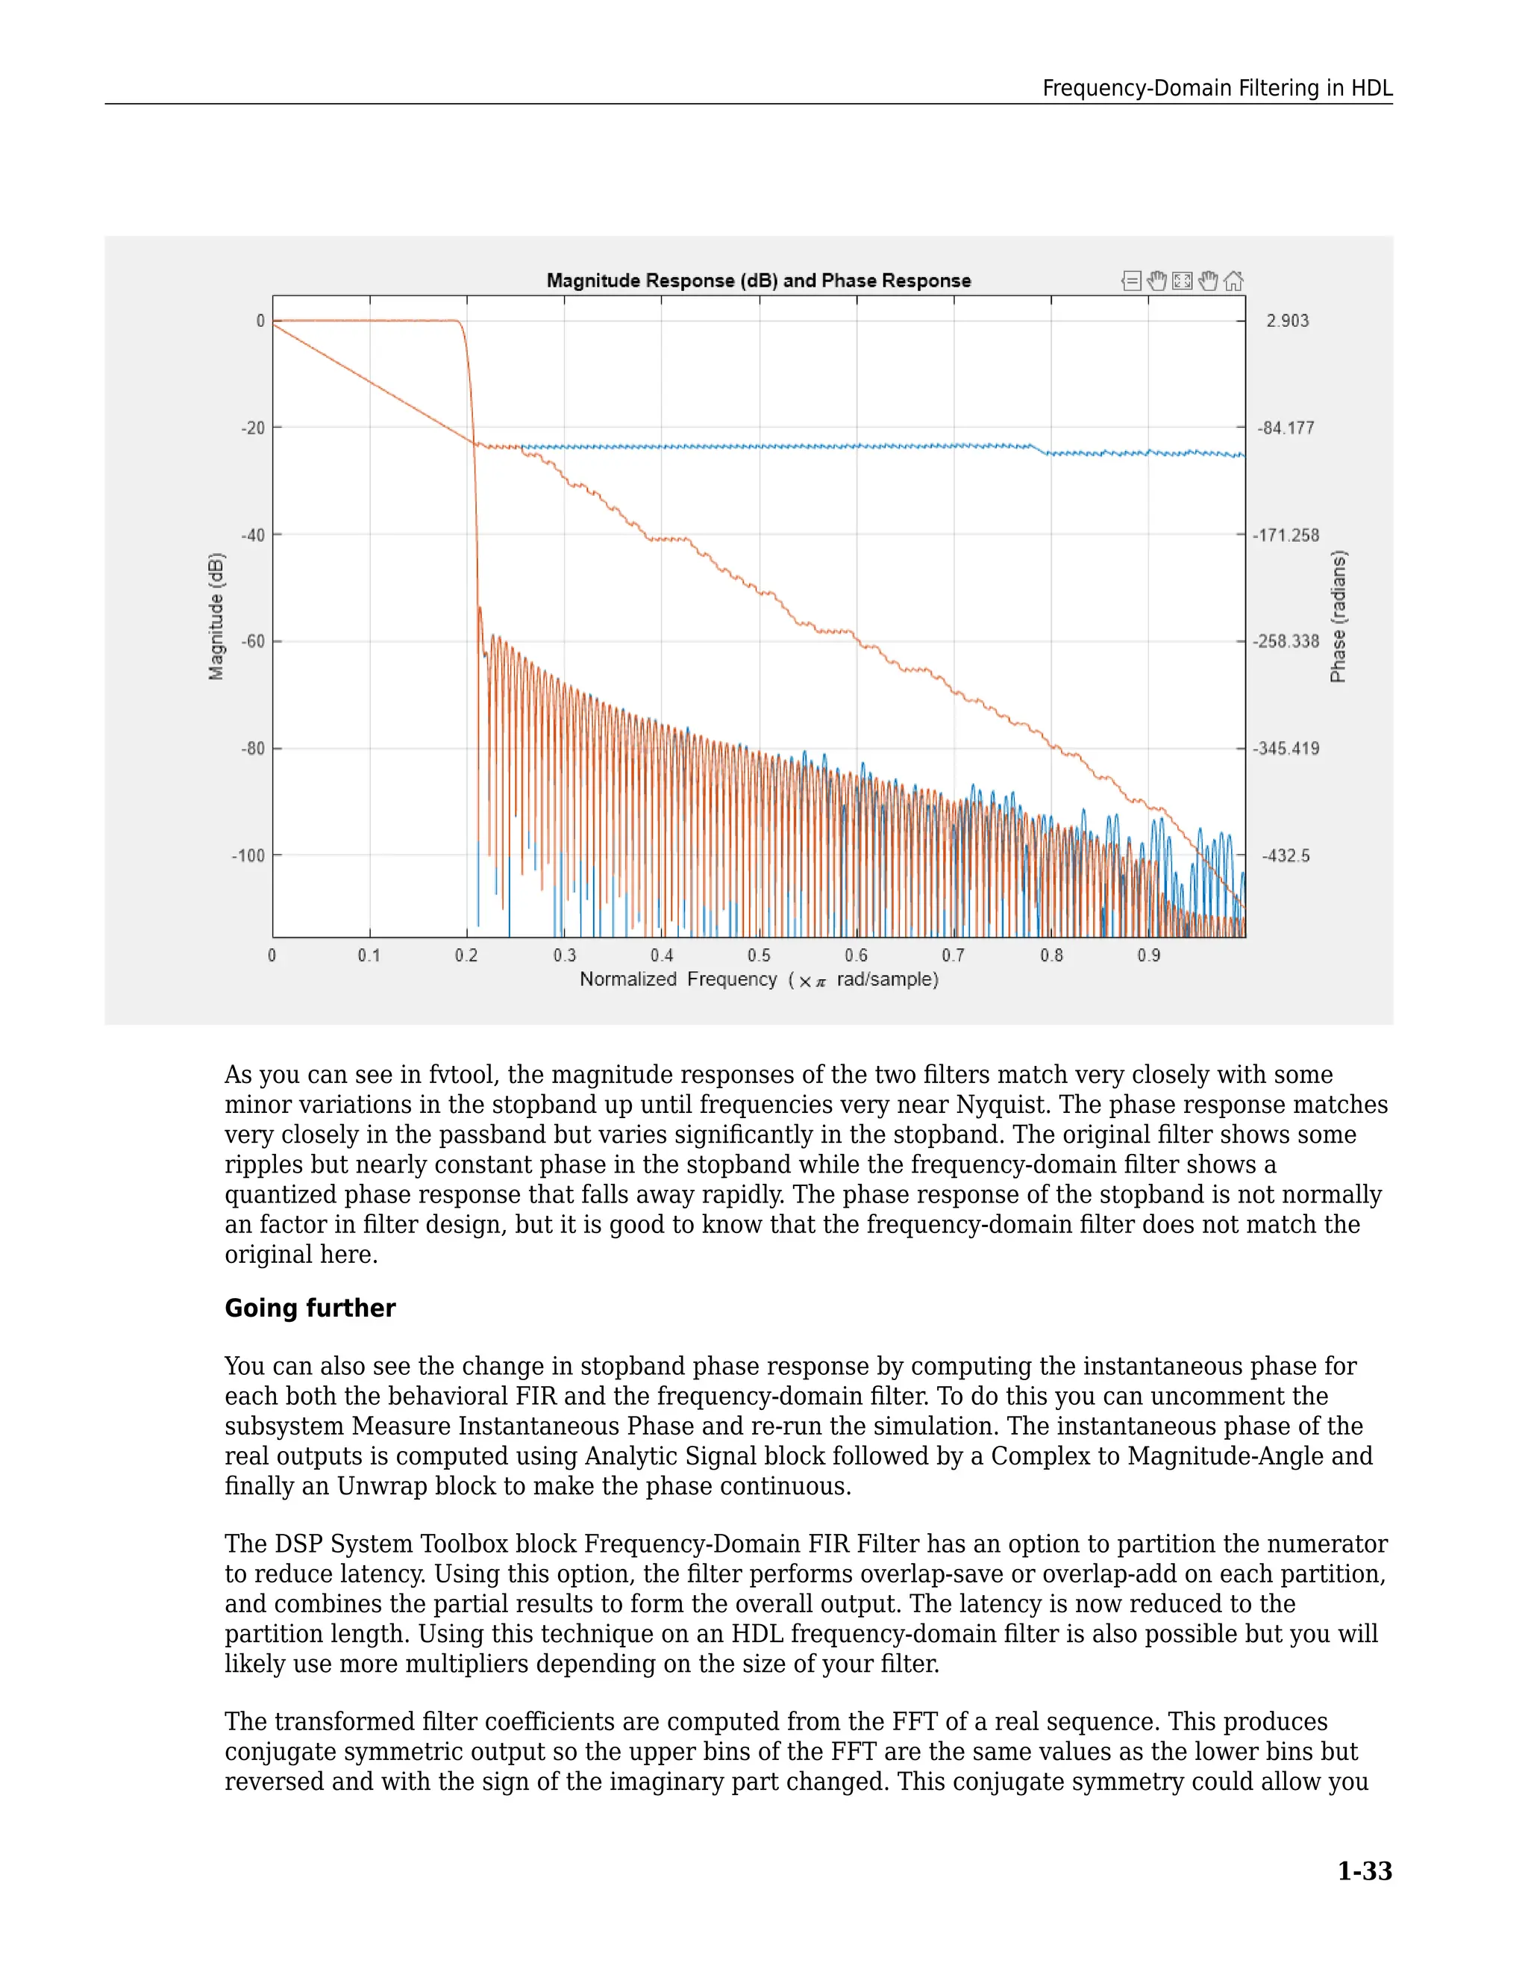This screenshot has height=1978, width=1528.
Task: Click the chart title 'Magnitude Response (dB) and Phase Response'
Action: coord(759,281)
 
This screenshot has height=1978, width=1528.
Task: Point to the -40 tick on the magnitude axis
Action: coord(254,535)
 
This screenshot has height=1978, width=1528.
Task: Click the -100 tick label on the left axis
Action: coord(250,856)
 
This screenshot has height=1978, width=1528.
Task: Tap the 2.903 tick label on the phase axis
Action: coord(1287,322)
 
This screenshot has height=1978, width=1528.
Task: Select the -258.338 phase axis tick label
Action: coord(1286,641)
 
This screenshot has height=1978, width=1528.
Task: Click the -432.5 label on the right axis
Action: coord(1286,856)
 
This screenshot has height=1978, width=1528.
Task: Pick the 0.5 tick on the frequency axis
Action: coord(759,955)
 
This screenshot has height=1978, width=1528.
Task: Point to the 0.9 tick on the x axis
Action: coord(1147,955)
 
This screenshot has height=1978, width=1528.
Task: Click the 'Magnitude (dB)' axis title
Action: coord(216,616)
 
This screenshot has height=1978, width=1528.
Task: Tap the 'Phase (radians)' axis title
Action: coord(1338,616)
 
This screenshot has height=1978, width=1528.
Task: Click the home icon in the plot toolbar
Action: coord(1233,281)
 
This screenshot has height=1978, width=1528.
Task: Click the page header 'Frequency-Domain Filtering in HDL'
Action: coord(1217,88)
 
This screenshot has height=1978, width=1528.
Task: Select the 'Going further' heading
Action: coord(310,1308)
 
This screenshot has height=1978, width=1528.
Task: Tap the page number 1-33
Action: coord(1364,1871)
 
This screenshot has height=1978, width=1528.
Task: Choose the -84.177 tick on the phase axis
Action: coord(1286,428)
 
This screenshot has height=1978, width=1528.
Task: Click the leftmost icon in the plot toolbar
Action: coord(1130,281)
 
